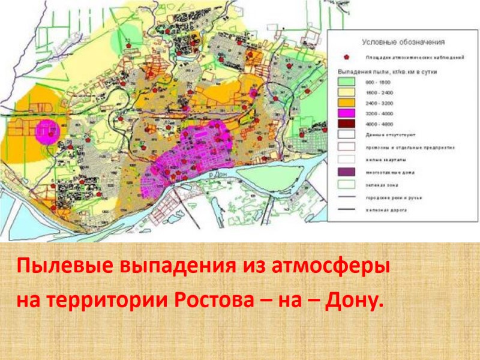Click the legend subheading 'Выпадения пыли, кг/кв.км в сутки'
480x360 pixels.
pyautogui.click(x=385, y=71)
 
